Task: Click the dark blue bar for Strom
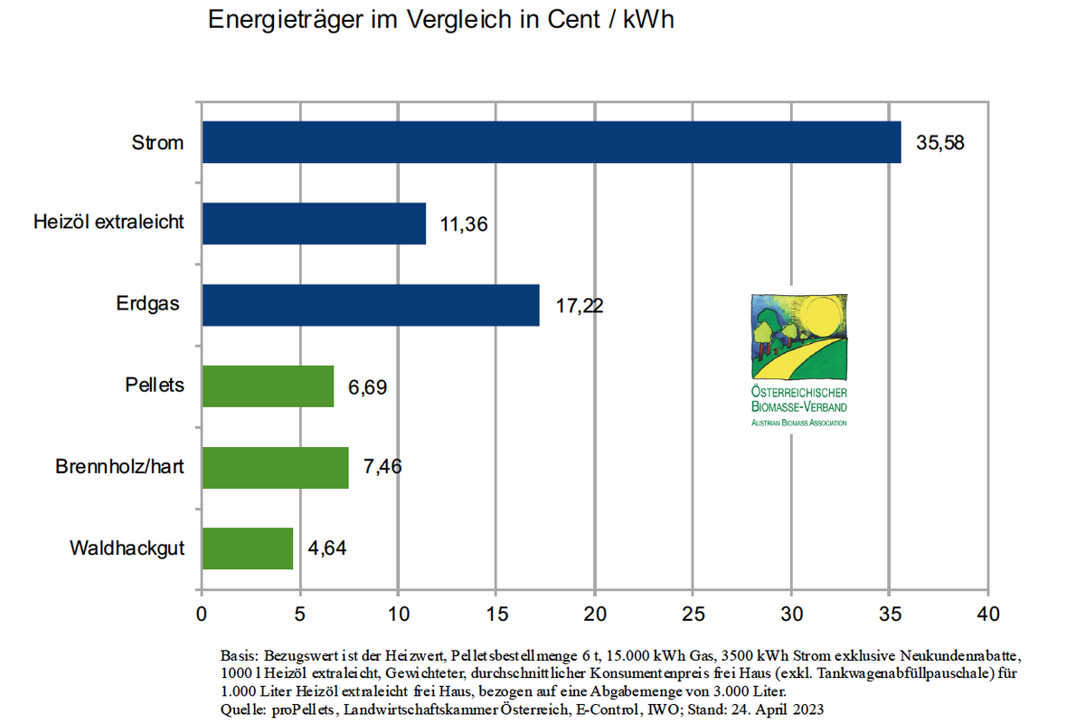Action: (552, 142)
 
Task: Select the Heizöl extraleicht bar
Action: (314, 224)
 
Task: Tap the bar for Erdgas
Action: (371, 305)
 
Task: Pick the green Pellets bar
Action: (268, 386)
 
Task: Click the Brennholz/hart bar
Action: (275, 467)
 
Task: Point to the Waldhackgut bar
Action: (247, 548)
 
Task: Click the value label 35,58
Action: (940, 143)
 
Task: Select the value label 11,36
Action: (464, 224)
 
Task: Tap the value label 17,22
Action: (579, 306)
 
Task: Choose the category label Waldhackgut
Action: (127, 548)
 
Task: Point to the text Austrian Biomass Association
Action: (799, 422)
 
